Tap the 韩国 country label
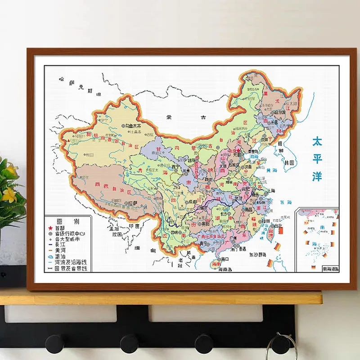(x=291, y=162)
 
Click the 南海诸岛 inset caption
(x=330, y=269)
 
